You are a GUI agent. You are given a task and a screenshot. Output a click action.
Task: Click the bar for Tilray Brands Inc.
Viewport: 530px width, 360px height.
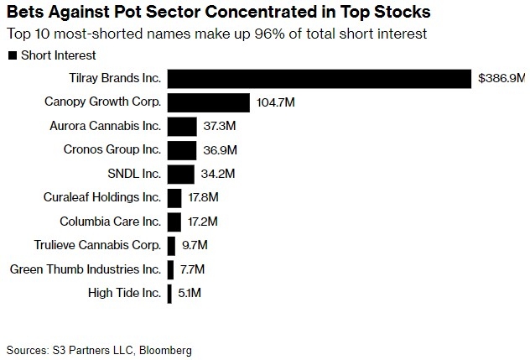pos(320,79)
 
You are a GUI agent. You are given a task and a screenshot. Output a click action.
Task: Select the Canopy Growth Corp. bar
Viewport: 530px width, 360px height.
pos(209,102)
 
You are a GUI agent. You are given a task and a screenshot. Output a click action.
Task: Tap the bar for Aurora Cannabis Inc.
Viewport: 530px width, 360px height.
pos(182,126)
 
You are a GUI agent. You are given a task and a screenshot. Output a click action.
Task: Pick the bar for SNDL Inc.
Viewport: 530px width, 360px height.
pos(181,174)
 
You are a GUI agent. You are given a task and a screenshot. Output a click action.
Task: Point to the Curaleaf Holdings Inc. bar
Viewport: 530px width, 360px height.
pos(174,198)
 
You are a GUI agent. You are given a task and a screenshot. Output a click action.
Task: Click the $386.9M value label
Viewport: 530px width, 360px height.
pos(501,79)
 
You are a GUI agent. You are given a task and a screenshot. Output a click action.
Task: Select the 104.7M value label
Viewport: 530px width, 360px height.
pos(276,102)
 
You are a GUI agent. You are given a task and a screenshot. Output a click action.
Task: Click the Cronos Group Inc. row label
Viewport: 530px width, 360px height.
pos(112,150)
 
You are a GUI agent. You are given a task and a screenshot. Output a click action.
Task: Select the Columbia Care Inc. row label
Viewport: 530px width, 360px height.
pos(110,222)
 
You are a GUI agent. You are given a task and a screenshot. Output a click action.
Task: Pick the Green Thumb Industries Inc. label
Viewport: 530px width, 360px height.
pos(85,269)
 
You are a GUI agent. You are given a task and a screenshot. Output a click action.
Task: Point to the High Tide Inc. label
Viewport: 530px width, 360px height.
pos(124,293)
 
